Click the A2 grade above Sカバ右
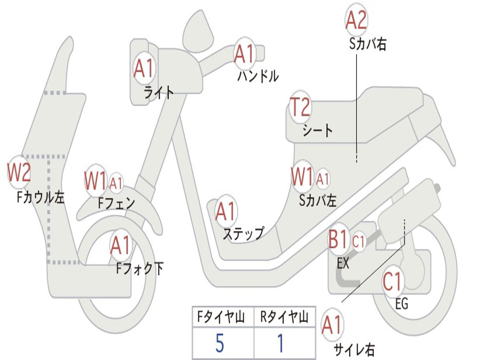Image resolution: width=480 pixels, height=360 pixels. [x=356, y=20]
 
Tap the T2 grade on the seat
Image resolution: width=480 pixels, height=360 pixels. [x=300, y=107]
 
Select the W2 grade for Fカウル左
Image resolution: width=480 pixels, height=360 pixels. [x=19, y=172]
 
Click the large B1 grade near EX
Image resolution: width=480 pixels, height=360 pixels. [x=338, y=239]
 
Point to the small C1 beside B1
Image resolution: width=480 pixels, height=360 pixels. [x=359, y=242]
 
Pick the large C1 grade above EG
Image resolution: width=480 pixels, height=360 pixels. [x=392, y=281]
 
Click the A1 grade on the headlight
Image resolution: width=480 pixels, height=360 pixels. [x=143, y=68]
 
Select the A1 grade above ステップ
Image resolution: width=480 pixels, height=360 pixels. [x=226, y=212]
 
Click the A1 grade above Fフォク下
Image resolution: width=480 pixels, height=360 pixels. [x=121, y=245]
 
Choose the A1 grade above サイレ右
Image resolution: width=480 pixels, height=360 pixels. [x=332, y=325]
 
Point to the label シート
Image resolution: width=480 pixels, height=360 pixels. [x=317, y=130]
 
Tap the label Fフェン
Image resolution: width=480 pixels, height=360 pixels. [x=116, y=202]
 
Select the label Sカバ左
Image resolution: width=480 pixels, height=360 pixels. [x=318, y=201]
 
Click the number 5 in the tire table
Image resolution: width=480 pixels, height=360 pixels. [x=220, y=344]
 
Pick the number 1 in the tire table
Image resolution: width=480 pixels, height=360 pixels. [x=280, y=344]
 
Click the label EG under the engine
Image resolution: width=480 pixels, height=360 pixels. [x=402, y=304]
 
